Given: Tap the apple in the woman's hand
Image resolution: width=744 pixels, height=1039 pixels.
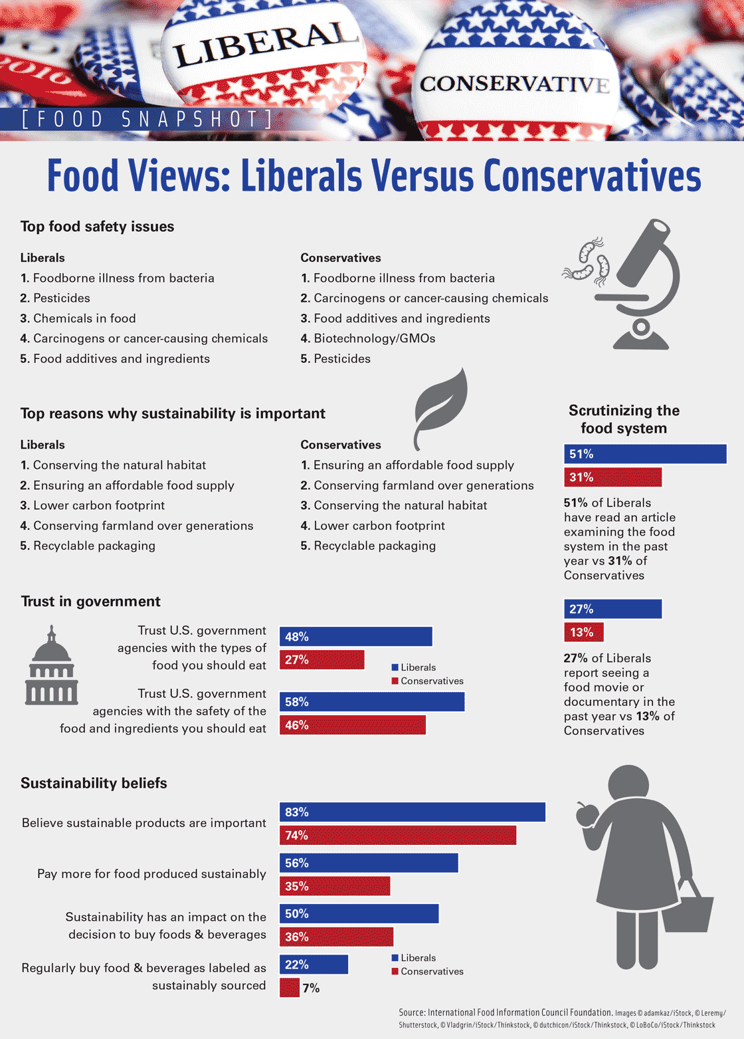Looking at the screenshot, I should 587,814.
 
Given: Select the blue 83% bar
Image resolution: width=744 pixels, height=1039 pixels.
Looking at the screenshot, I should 412,812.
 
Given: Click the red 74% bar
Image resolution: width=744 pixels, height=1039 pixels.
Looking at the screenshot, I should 397,836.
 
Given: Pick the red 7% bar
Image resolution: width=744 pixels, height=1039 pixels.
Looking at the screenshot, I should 290,988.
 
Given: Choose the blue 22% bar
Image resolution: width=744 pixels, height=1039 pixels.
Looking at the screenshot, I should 314,965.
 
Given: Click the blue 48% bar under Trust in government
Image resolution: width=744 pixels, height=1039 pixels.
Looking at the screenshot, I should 355,637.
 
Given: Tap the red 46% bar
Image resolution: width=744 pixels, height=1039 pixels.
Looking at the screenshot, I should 352,725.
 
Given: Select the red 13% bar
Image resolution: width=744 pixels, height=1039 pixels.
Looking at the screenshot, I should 583,632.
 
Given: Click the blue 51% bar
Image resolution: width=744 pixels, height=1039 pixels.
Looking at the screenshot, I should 644,454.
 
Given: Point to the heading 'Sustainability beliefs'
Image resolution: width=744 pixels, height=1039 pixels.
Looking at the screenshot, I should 94,783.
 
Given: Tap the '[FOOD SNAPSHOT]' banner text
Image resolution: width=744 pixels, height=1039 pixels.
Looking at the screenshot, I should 146,120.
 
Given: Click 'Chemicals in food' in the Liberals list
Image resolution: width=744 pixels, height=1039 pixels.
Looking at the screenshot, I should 84,318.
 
